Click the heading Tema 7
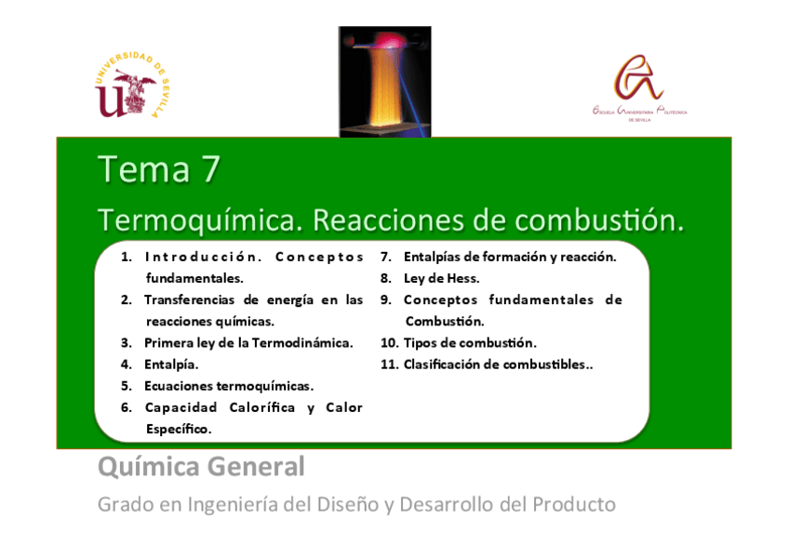(159, 170)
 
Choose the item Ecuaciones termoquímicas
(229, 386)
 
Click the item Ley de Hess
(441, 278)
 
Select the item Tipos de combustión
(470, 342)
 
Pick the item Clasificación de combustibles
(498, 365)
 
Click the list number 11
(389, 365)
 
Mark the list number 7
(385, 257)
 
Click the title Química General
(201, 467)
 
